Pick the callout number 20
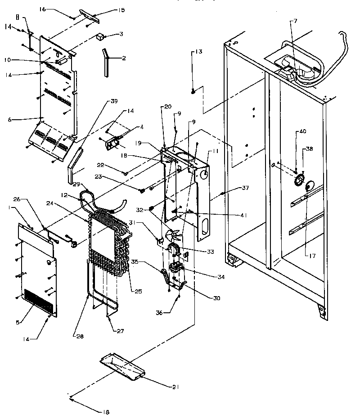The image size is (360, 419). click(168, 107)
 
